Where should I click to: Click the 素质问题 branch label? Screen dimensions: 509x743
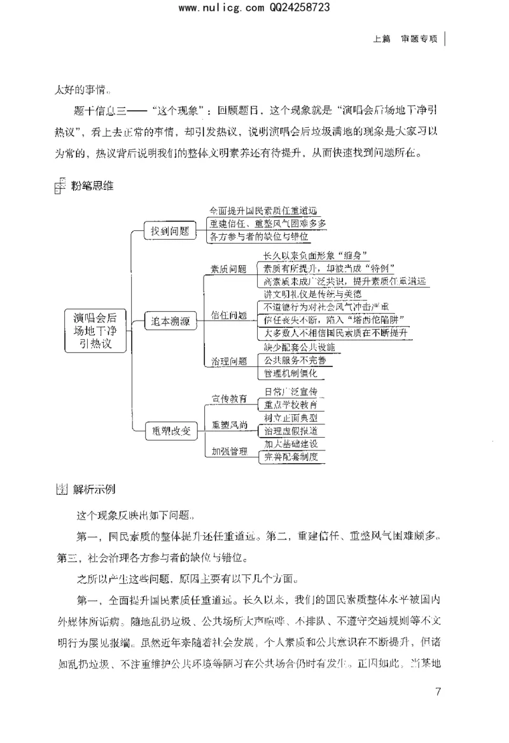point(228,269)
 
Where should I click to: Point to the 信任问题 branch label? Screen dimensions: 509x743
point(228,316)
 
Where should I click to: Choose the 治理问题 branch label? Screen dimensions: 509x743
point(228,361)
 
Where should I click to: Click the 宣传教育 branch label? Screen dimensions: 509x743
point(229,399)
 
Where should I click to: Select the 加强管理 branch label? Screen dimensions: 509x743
point(229,451)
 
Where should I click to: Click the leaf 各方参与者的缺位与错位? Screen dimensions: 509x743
point(259,237)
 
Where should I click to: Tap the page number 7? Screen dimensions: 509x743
point(437,692)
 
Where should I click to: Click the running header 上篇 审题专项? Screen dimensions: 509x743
point(405,38)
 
